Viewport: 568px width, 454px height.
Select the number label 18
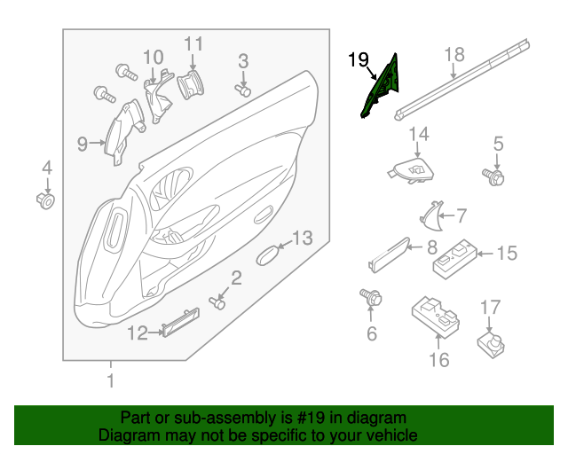454,55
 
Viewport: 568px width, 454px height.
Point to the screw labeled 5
493,176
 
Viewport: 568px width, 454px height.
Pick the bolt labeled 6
370,298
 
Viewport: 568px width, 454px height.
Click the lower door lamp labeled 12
179,322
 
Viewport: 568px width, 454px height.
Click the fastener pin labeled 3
243,89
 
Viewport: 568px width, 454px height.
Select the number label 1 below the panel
111,382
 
